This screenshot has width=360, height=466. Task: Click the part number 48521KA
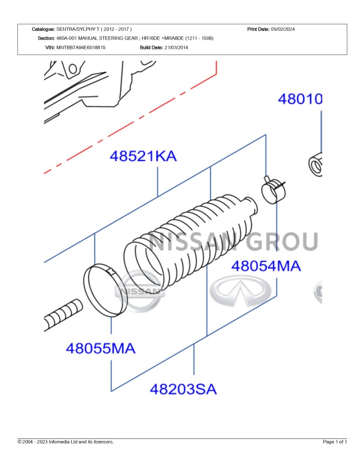(x=143, y=156)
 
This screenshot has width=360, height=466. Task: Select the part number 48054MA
(x=266, y=266)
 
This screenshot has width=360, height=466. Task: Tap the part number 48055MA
(x=101, y=348)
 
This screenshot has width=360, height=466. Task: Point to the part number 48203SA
(x=183, y=389)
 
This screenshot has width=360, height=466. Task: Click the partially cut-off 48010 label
(x=300, y=99)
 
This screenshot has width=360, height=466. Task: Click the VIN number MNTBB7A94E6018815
(x=81, y=48)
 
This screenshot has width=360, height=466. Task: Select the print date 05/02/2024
(x=283, y=29)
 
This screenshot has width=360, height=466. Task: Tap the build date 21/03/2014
(x=176, y=48)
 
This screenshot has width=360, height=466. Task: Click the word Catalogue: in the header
(x=43, y=29)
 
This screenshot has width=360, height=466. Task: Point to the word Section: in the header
(x=46, y=38)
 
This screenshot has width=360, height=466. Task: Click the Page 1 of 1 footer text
(x=335, y=442)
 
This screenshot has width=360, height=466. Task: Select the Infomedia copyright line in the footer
(x=66, y=442)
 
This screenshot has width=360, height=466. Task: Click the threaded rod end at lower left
(x=63, y=315)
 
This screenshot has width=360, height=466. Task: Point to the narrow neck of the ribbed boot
(x=250, y=205)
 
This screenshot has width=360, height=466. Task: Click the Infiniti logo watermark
(x=241, y=291)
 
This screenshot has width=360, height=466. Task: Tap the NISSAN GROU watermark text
(x=233, y=241)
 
